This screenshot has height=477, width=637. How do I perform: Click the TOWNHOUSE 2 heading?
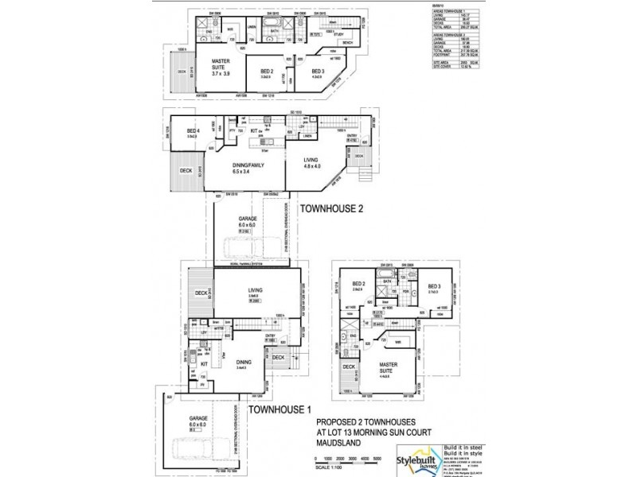[334, 208]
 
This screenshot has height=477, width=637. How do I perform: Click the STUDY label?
[339, 36]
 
